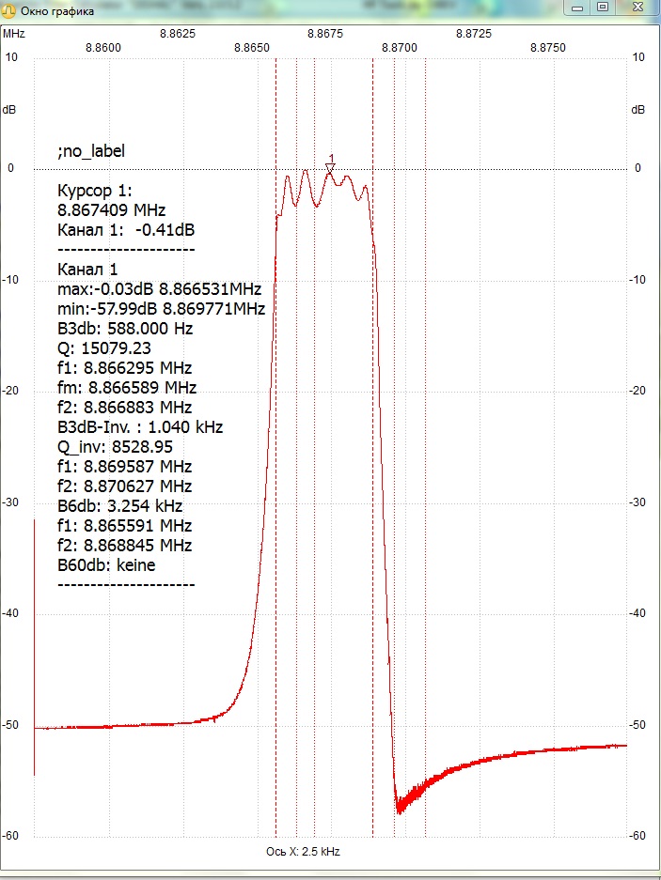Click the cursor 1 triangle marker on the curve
331,168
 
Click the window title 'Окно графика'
57,11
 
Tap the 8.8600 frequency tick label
102,48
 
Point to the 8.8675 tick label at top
325,34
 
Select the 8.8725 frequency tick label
473,34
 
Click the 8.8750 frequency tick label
547,48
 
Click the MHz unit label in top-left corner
14,34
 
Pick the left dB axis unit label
9,110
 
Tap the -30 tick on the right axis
637,502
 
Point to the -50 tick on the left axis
9,725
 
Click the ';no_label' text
91,151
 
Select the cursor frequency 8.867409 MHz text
111,210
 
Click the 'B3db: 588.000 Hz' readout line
125,329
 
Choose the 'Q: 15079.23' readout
104,347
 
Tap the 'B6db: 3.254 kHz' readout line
119,505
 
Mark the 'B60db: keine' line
106,564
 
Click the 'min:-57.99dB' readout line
162,309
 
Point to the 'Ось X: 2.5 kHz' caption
303,852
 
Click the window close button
636,8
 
